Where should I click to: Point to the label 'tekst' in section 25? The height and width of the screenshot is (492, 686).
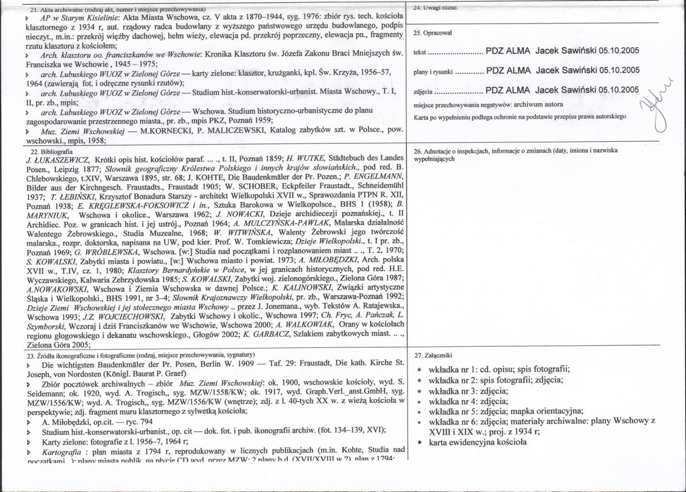point(419,51)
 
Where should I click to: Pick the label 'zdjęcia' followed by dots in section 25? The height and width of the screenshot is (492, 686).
point(422,91)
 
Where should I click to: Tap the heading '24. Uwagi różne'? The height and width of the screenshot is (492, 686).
point(435,8)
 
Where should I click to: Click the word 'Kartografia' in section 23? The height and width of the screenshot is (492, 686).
point(63,452)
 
